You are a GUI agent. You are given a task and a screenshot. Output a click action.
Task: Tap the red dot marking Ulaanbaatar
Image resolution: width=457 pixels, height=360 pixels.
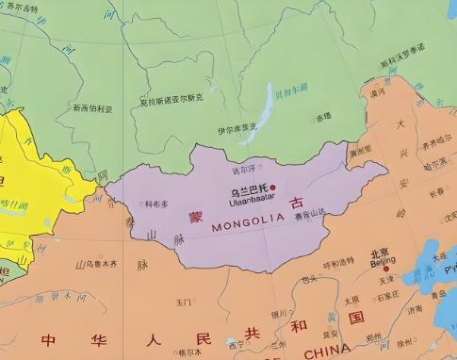click(273, 188)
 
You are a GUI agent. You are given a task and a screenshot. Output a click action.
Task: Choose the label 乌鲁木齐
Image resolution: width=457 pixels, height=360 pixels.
click(97, 265)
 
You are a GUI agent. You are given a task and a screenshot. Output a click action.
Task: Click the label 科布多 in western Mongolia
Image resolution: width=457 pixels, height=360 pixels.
click(156, 204)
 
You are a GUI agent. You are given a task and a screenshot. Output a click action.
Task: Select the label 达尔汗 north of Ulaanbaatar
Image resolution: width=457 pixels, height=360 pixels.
click(243, 171)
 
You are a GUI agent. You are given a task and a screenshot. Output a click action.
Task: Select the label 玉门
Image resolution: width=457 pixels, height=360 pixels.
click(184, 303)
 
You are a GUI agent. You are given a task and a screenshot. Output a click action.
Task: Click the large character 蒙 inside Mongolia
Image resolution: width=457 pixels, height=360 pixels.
click(196, 215)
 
